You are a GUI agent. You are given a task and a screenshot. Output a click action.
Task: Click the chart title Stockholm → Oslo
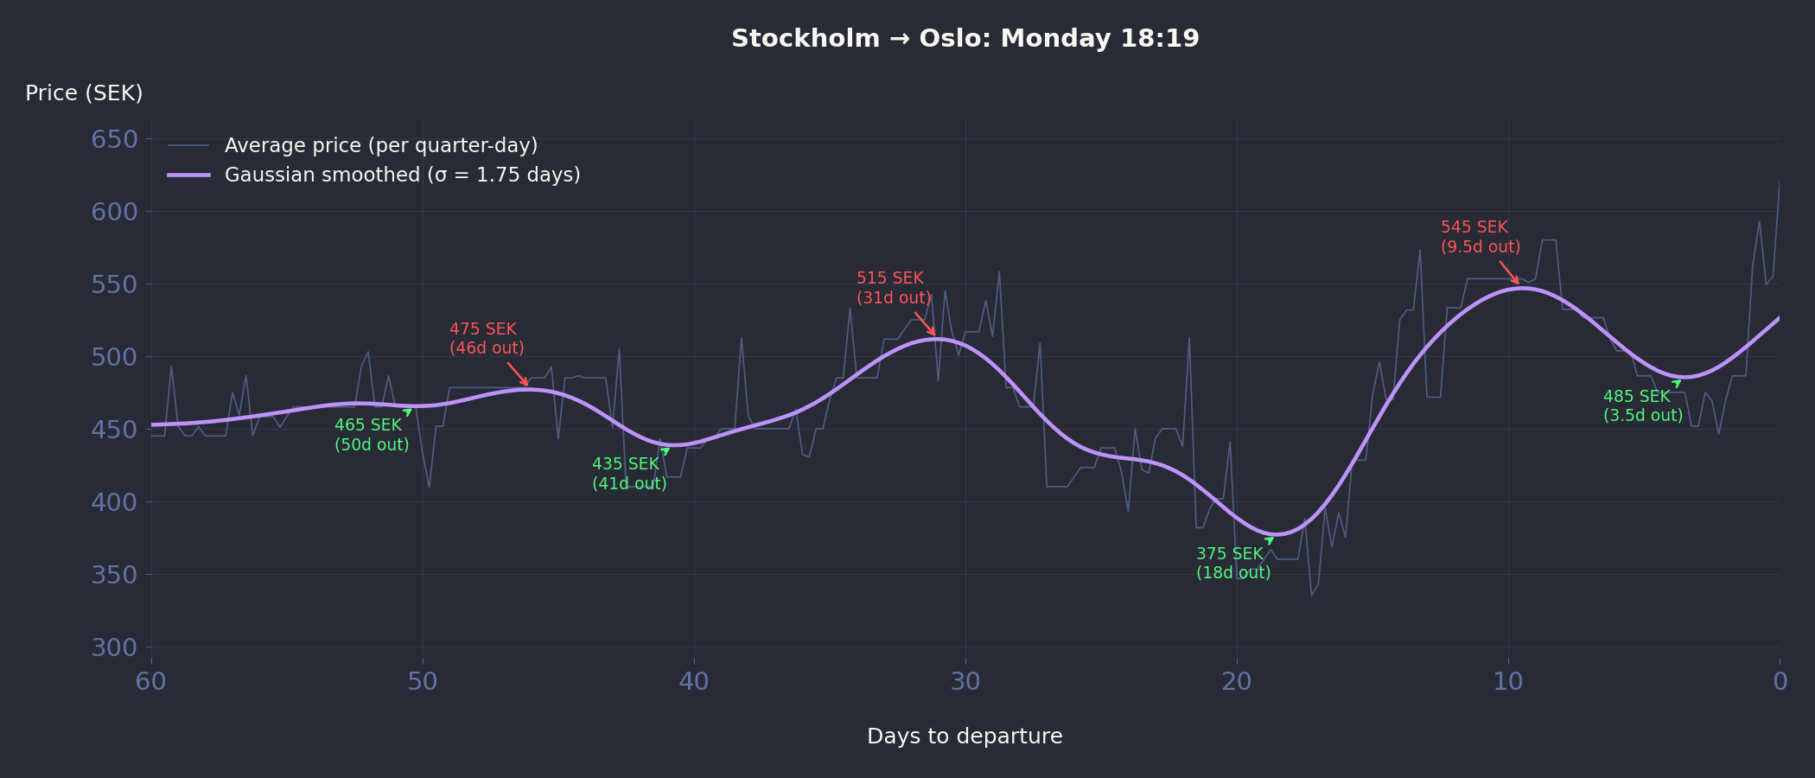[x=965, y=39]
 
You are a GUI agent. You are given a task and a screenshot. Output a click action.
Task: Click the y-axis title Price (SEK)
[x=84, y=93]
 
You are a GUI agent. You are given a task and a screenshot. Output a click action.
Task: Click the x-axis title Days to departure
[x=965, y=737]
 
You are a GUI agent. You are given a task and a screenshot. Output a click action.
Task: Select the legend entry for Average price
[x=380, y=145]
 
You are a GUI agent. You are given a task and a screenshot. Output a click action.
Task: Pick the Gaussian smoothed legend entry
[x=402, y=175]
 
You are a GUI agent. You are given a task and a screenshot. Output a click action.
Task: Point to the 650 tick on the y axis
[x=115, y=139]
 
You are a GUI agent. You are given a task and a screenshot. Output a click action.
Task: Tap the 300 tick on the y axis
[x=115, y=647]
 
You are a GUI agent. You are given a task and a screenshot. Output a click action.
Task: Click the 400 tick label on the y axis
[x=115, y=502]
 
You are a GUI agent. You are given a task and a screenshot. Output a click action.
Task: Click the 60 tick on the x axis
[x=151, y=682]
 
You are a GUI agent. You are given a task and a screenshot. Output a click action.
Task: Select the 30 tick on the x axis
[x=965, y=682]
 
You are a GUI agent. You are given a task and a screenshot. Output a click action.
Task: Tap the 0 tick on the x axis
[x=1780, y=682]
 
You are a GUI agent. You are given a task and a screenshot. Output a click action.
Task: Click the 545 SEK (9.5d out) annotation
[x=1480, y=237]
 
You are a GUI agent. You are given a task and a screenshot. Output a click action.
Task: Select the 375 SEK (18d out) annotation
[x=1233, y=564]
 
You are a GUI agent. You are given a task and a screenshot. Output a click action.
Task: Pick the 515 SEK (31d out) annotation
[x=894, y=288]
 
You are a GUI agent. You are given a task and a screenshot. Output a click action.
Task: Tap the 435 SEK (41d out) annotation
[x=629, y=474]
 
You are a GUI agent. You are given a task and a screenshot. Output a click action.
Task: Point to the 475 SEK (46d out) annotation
[x=487, y=339]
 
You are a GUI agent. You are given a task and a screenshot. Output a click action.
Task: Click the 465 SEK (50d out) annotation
[x=372, y=435]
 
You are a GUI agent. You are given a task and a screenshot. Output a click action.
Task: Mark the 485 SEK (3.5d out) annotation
[x=1643, y=406]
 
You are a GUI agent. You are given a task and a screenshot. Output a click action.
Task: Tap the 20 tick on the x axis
[x=1237, y=682]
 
